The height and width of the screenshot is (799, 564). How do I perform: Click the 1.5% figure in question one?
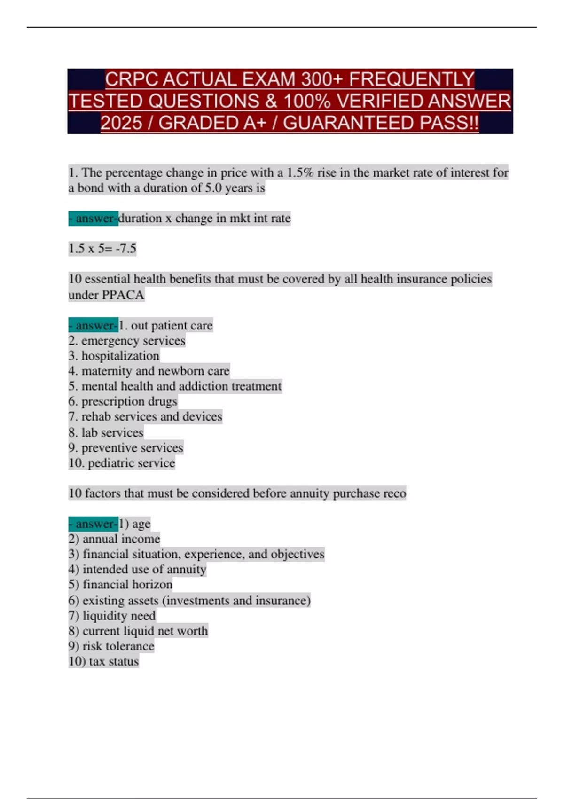(x=300, y=172)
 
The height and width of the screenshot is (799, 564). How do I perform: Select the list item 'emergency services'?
(x=127, y=340)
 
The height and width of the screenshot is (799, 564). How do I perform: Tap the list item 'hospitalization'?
(x=114, y=356)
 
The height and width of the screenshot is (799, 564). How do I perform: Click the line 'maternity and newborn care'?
(x=149, y=371)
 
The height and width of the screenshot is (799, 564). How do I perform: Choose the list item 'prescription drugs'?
(x=123, y=401)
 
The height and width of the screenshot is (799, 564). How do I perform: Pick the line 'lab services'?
(x=106, y=432)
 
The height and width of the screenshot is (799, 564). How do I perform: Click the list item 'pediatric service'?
(x=122, y=463)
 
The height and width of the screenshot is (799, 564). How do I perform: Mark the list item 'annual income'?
(x=114, y=539)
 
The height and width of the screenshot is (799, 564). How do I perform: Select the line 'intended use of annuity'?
(x=137, y=569)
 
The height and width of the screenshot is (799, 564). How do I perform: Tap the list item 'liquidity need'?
(x=112, y=616)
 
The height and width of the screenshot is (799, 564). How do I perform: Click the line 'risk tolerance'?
(x=111, y=646)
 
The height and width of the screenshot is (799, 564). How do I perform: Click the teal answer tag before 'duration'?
(x=93, y=218)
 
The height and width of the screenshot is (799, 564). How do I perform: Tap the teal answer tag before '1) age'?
(x=93, y=524)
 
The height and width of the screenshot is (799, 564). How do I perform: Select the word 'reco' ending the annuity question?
(x=394, y=493)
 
